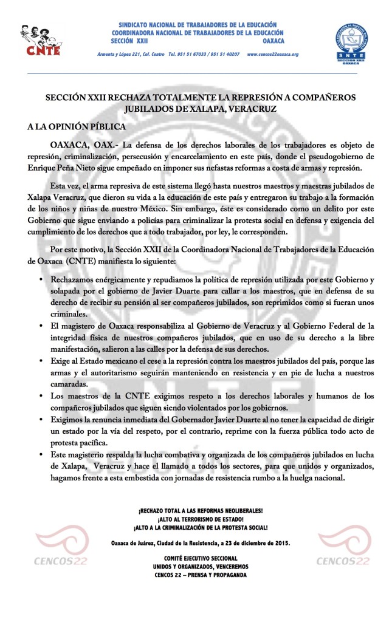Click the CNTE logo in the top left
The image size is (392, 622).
(40, 41)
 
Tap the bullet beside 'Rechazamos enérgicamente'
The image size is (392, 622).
(40, 281)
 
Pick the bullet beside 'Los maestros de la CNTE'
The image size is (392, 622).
(40, 397)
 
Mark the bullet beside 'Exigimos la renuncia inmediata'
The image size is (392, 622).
(40, 420)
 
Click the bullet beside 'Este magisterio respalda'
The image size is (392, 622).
(40, 454)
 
